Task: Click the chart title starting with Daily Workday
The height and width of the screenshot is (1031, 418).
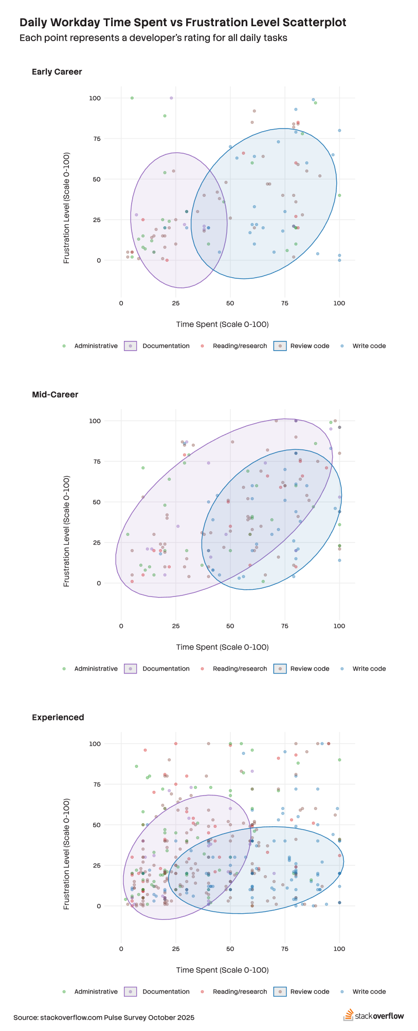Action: [x=183, y=23]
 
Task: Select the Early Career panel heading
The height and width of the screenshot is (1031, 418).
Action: [x=57, y=72]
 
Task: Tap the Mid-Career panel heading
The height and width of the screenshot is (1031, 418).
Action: [x=55, y=395]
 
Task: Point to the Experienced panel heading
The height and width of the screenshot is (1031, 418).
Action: [x=58, y=717]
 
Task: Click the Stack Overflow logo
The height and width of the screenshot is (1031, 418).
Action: [x=374, y=1016]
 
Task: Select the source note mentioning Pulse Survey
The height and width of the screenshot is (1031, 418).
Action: [x=104, y=1018]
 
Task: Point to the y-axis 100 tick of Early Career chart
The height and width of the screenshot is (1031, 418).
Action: [x=95, y=98]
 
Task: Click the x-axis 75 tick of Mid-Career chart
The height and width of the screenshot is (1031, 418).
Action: [x=285, y=626]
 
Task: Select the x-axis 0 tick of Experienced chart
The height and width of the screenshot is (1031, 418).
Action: [x=121, y=949]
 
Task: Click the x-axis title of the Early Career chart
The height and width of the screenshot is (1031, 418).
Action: [x=222, y=324]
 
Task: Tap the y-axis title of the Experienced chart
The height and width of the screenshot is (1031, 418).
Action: [x=66, y=854]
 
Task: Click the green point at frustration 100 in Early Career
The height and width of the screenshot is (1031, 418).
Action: [x=132, y=98]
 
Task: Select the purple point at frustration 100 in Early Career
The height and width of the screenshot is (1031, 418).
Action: [x=171, y=98]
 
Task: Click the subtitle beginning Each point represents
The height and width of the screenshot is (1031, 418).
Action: [x=153, y=38]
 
